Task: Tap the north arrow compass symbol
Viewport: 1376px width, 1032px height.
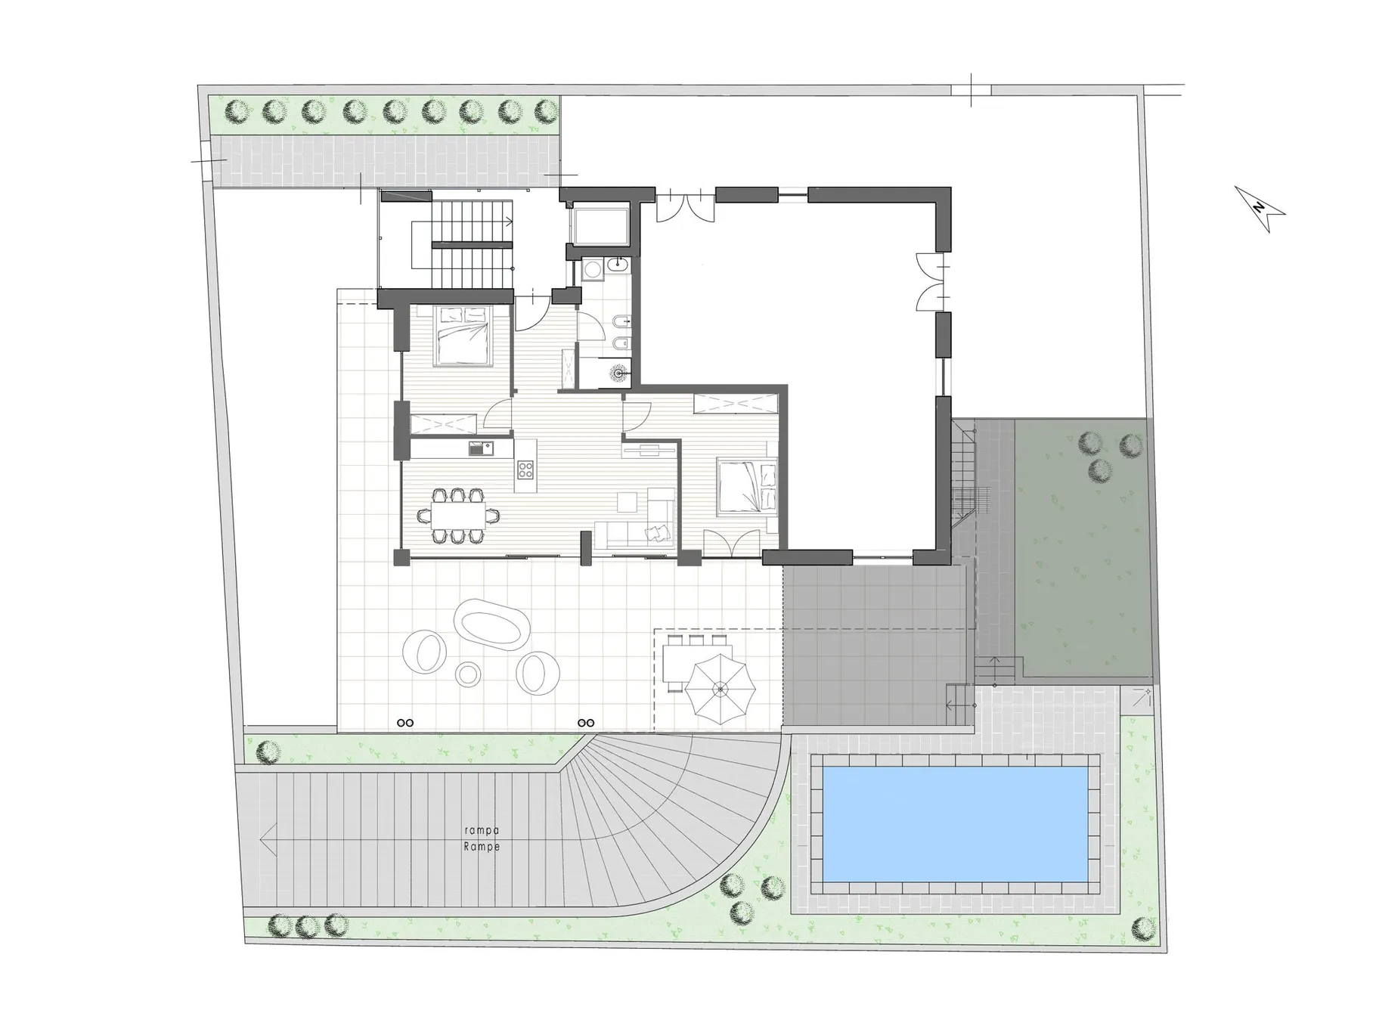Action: (x=1260, y=209)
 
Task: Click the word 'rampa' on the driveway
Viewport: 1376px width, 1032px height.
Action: (x=482, y=831)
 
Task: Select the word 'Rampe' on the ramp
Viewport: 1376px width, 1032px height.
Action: (x=482, y=847)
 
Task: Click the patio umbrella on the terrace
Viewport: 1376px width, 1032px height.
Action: (x=720, y=689)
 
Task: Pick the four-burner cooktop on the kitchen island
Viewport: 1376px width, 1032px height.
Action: (x=525, y=470)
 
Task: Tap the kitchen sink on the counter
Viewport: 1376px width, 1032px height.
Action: (x=479, y=450)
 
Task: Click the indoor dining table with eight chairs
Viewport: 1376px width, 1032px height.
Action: (x=458, y=516)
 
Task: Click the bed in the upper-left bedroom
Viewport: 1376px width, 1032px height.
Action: (x=461, y=336)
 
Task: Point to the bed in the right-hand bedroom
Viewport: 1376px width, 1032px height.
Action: (x=747, y=486)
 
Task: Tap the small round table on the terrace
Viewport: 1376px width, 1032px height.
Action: (x=469, y=674)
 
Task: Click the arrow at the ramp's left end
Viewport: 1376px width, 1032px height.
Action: (x=265, y=839)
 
